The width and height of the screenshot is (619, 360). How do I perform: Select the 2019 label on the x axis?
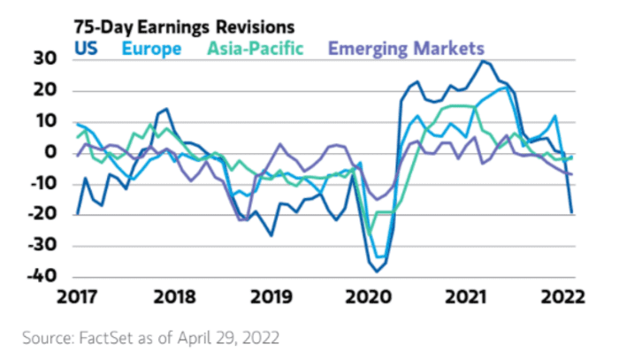pos(274,296)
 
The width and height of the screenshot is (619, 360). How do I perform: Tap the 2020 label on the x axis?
pos(370,296)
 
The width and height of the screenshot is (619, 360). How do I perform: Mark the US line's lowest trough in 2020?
pos(376,271)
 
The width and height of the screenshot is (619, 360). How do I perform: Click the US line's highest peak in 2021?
pos(482,60)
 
